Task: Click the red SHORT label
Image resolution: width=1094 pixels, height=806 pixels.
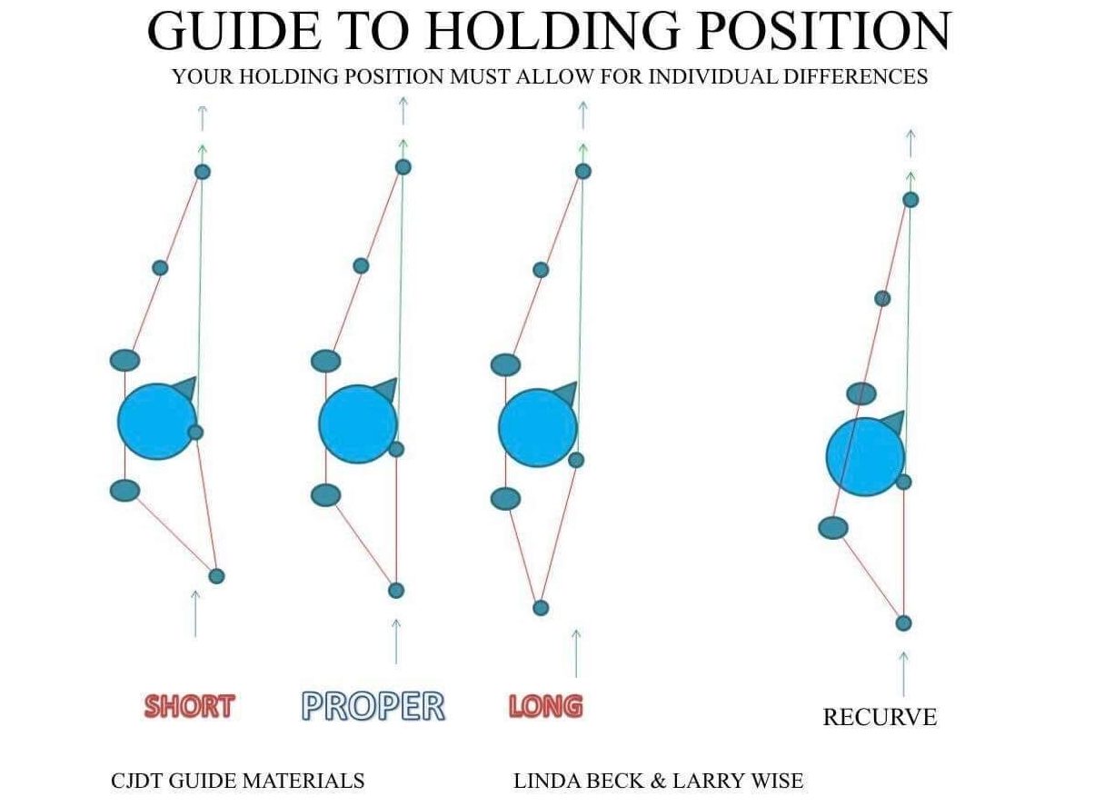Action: [x=189, y=706]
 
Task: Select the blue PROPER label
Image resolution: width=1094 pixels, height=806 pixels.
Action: [x=373, y=706]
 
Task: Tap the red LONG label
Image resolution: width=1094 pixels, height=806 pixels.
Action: [x=545, y=706]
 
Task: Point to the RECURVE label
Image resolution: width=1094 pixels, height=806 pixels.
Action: [x=879, y=717]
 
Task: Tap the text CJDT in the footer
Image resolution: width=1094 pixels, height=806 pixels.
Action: [x=136, y=780]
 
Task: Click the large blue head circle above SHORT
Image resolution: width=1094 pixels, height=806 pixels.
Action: [x=157, y=422]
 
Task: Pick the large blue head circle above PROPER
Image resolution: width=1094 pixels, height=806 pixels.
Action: [x=358, y=424]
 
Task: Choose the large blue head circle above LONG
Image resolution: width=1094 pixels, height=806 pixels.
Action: [x=538, y=429]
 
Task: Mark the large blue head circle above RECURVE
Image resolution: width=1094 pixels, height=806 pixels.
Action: [x=865, y=456]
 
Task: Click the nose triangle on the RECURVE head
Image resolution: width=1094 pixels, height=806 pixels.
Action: [x=893, y=423]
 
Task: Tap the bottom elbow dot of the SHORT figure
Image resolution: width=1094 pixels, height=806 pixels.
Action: [x=216, y=576]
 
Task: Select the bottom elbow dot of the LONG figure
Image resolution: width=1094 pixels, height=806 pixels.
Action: [x=541, y=608]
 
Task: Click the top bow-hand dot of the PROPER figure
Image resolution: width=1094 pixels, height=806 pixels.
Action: [x=403, y=167]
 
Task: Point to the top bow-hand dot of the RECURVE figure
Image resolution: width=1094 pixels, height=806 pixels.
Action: [x=910, y=200]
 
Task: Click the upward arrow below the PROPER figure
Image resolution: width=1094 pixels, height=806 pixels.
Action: [x=395, y=641]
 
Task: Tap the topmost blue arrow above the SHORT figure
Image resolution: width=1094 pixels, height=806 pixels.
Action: [x=202, y=117]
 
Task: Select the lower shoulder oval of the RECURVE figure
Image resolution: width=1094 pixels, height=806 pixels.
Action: [x=833, y=528]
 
